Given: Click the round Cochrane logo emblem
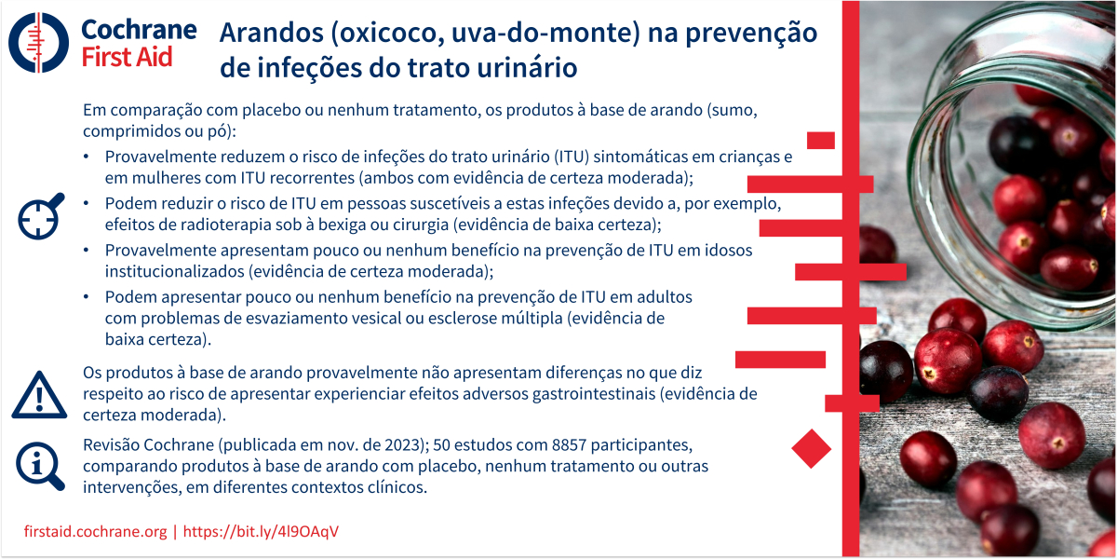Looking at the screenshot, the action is point(38,43).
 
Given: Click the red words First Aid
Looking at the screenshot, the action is point(127,57).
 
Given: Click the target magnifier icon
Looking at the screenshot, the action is point(41,216).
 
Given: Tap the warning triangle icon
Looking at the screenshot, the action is point(39,395).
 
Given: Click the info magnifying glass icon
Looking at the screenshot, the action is point(40,466).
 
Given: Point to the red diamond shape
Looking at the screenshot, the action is point(812,448).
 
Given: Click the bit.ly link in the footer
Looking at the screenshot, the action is point(261,531).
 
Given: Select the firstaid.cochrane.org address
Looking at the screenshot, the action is point(95,531).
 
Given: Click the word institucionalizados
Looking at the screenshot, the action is point(175,271).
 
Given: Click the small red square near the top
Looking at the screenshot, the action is point(821,141).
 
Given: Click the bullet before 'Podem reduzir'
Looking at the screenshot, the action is point(87,203).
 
